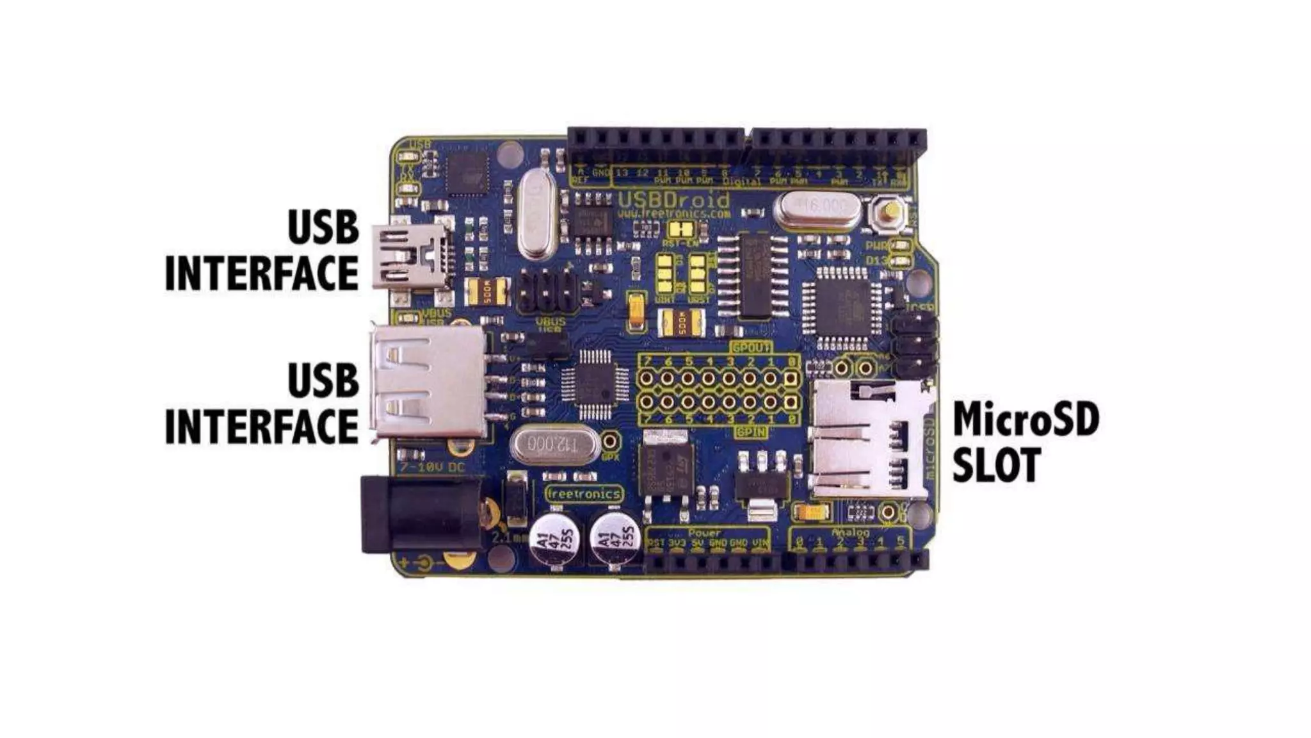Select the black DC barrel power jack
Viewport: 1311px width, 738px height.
(x=421, y=514)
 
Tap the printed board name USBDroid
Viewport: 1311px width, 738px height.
(x=673, y=199)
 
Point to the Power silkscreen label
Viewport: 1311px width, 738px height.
(x=704, y=532)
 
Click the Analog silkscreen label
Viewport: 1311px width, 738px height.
(x=851, y=532)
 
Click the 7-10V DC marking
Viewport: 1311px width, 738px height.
(x=431, y=468)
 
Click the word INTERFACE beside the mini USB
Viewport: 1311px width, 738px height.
(x=262, y=274)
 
